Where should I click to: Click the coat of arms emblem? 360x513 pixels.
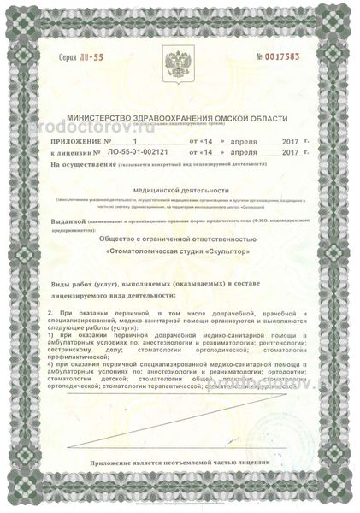[180, 63]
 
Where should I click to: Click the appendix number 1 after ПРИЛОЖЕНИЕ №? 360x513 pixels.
[134, 138]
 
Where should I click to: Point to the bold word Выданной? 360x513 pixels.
[68, 221]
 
